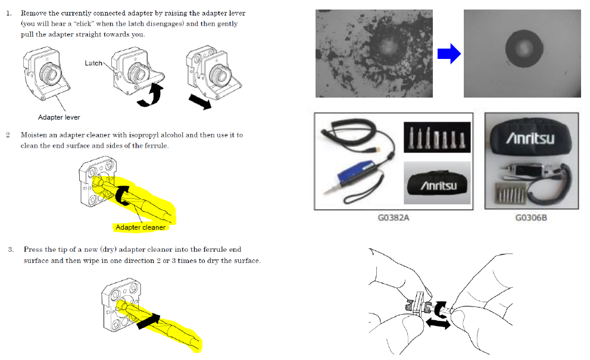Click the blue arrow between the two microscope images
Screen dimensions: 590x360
click(449, 54)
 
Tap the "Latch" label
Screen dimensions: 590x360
click(93, 63)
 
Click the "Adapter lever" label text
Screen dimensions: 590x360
click(59, 117)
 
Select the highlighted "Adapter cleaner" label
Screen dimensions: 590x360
click(141, 227)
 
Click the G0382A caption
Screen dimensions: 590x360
click(394, 217)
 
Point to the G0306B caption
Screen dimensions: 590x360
click(531, 217)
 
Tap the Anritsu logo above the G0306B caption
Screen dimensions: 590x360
click(530, 139)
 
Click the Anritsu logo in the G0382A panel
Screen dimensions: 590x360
click(439, 186)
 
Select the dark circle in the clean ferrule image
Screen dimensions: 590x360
click(524, 49)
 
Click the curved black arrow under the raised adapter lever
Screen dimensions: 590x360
click(151, 95)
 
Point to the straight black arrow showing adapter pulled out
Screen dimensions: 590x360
click(200, 102)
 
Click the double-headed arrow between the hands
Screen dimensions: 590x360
click(438, 323)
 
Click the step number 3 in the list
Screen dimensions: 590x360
click(11, 249)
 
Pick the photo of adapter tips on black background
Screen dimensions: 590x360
click(437, 137)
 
